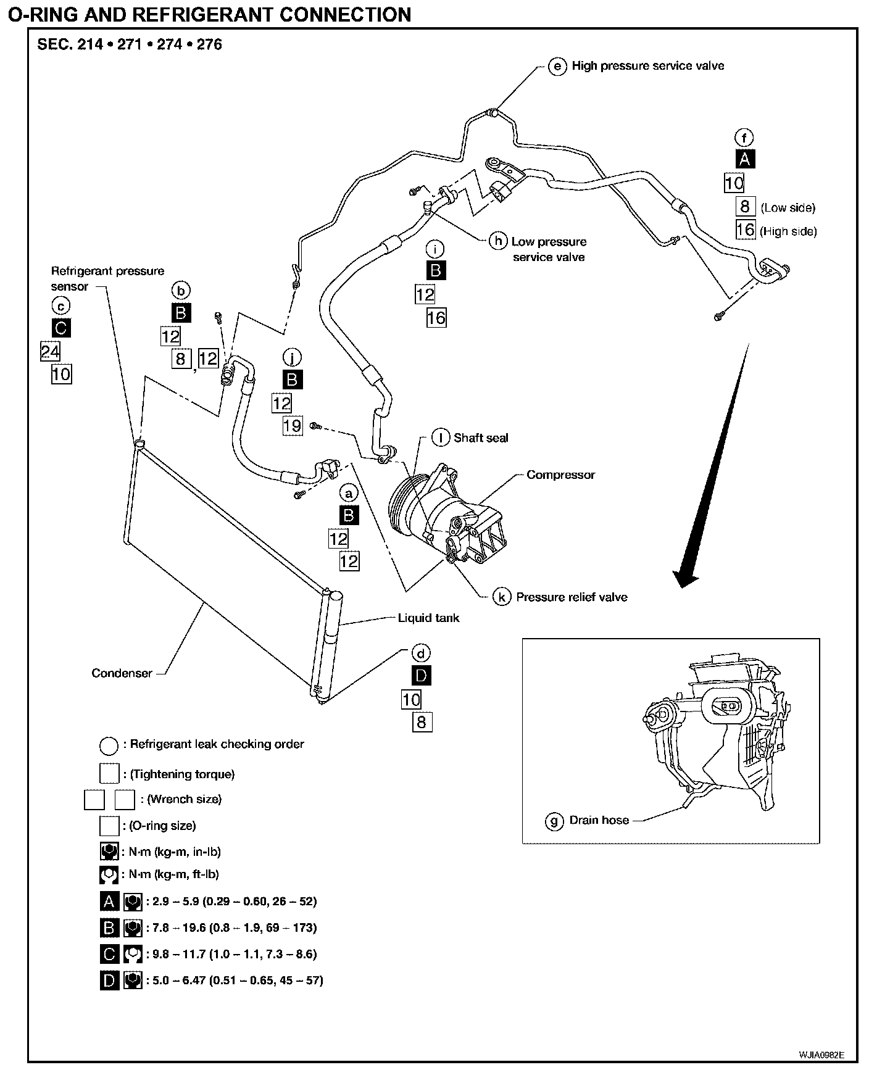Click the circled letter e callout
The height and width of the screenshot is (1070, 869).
[x=557, y=66]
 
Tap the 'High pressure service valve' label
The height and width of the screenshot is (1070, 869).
[x=647, y=66]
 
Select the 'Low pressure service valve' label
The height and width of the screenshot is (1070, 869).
[x=549, y=249]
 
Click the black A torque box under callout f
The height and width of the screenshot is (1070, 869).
[x=745, y=159]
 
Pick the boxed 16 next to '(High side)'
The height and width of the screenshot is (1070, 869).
[x=746, y=230]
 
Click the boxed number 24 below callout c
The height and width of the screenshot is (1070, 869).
[x=50, y=351]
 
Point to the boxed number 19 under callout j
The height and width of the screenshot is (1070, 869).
[x=293, y=425]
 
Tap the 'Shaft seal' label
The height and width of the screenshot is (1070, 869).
[x=481, y=438]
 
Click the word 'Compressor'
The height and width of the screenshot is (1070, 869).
[x=560, y=475]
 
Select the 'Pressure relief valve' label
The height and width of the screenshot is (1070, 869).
[x=572, y=597]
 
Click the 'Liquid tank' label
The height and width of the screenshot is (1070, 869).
[x=428, y=618]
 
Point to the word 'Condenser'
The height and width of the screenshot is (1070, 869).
[x=122, y=673]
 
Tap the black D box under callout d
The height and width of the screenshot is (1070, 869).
[x=421, y=676]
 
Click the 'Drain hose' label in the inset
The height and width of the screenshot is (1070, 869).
[x=599, y=821]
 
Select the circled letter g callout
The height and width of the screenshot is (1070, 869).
[x=554, y=821]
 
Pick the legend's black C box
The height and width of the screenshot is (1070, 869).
[x=109, y=954]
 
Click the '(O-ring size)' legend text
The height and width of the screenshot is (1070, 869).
[x=162, y=826]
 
